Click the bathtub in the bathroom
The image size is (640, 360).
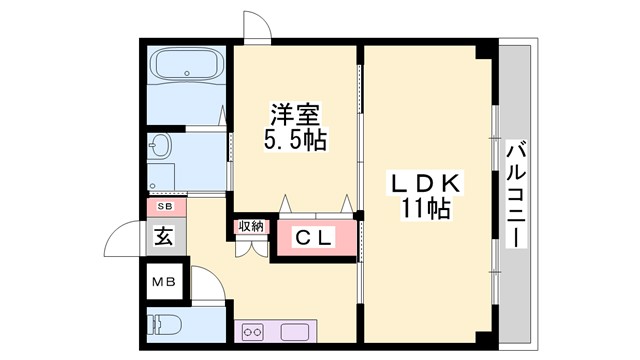pos(189,66)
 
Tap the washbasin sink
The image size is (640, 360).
pos(160,149)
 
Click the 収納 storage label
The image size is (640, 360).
pos(250,226)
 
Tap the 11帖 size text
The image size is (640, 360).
pos(424,210)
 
